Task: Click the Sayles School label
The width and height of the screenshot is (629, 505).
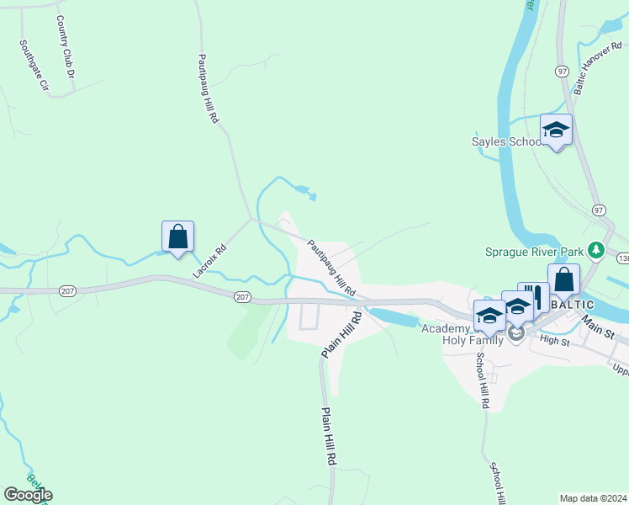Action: click(x=506, y=141)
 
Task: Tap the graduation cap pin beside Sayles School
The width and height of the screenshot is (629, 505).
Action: click(x=556, y=130)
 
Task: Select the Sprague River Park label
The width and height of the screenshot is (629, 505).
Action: click(x=535, y=251)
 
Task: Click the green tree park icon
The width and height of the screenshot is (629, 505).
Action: click(x=596, y=250)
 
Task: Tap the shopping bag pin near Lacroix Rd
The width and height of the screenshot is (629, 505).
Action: click(x=178, y=237)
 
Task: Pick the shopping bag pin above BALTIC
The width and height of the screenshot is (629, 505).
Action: click(x=563, y=280)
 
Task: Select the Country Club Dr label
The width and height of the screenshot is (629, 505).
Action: click(x=66, y=47)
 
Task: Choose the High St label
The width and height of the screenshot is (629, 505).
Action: click(x=555, y=340)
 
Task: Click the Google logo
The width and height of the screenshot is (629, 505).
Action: click(x=28, y=495)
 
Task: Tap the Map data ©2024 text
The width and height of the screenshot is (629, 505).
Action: click(x=593, y=498)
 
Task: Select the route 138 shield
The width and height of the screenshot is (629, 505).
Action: click(x=622, y=258)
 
